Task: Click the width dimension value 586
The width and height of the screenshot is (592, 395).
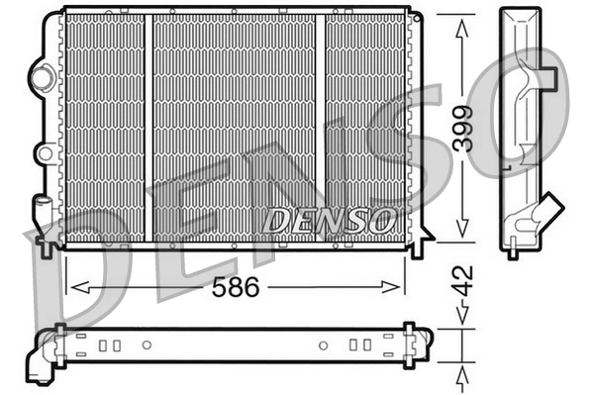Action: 238,288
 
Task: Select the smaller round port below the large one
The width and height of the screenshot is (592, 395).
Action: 44,152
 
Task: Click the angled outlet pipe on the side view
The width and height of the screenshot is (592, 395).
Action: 545,212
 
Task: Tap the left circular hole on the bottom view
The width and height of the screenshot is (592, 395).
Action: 147,346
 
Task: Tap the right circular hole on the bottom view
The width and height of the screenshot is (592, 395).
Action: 323,346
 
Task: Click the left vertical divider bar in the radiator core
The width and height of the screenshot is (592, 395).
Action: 148,129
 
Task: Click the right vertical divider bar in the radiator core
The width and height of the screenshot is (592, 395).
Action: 320,129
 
